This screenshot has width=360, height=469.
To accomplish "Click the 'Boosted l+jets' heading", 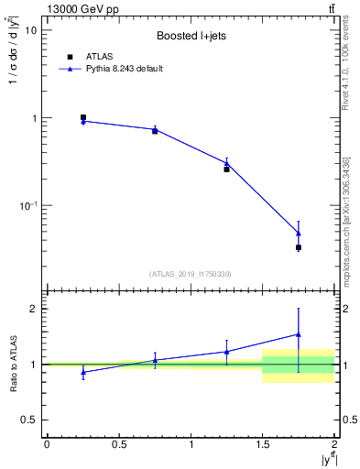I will pyautogui.click(x=191, y=37).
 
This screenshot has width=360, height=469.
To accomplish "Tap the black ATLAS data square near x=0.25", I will pyautogui.click(x=83, y=117).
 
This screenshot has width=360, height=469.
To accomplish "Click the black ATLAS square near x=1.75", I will pyautogui.click(x=299, y=247).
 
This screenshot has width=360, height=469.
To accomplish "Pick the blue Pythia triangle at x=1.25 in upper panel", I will pyautogui.click(x=227, y=163).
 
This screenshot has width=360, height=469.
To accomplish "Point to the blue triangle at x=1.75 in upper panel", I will pyautogui.click(x=299, y=233).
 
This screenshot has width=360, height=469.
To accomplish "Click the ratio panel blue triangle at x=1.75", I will pyautogui.click(x=299, y=334).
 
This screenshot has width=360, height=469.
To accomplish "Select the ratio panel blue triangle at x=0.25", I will pyautogui.click(x=83, y=372).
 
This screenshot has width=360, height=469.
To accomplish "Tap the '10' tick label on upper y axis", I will pyautogui.click(x=29, y=30).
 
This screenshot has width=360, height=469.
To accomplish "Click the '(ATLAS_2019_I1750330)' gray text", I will pyautogui.click(x=191, y=274).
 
